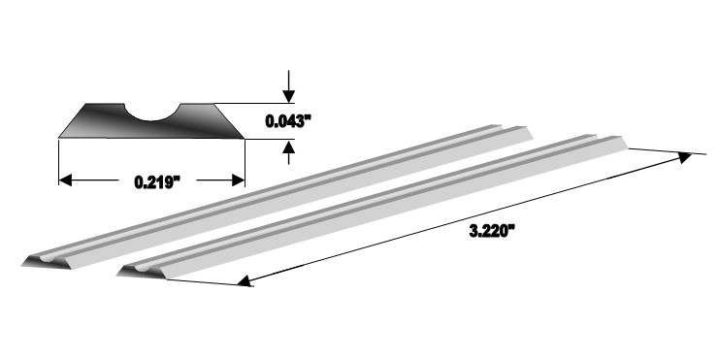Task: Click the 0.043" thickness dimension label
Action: (x=288, y=121)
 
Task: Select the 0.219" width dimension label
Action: (x=157, y=182)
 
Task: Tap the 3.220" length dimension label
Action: (x=489, y=231)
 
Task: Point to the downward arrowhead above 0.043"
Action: (x=288, y=96)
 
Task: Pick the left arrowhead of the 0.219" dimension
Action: (x=66, y=180)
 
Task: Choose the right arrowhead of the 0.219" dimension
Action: (x=239, y=180)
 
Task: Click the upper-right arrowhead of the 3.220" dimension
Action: (x=685, y=157)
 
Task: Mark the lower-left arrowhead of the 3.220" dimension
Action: (x=245, y=280)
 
